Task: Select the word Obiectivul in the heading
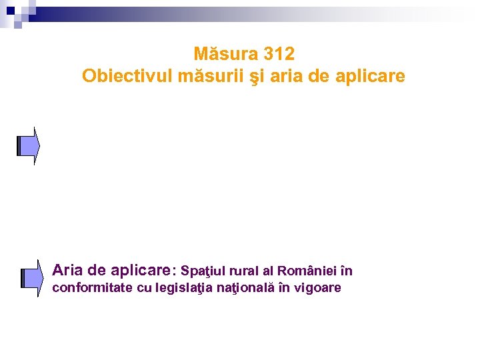127,76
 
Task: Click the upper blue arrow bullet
29,145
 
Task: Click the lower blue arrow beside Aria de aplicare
31,277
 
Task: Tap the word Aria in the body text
67,270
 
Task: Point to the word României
307,271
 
